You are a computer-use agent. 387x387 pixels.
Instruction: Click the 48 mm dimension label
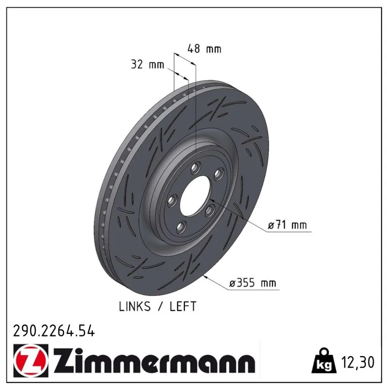click(x=204, y=49)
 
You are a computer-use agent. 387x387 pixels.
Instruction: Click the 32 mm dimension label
click(x=148, y=64)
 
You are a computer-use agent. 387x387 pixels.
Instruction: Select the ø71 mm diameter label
click(x=287, y=225)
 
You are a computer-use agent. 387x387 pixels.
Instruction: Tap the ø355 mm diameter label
click(x=253, y=283)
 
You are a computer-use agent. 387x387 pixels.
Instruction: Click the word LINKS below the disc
click(x=134, y=307)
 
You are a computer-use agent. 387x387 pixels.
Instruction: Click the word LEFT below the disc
click(x=183, y=307)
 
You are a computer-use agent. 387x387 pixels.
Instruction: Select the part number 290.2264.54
click(x=54, y=331)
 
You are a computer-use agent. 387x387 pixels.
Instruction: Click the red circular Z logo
click(x=31, y=360)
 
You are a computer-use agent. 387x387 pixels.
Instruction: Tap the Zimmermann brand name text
click(x=154, y=360)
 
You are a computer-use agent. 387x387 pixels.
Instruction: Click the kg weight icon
click(x=324, y=361)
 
